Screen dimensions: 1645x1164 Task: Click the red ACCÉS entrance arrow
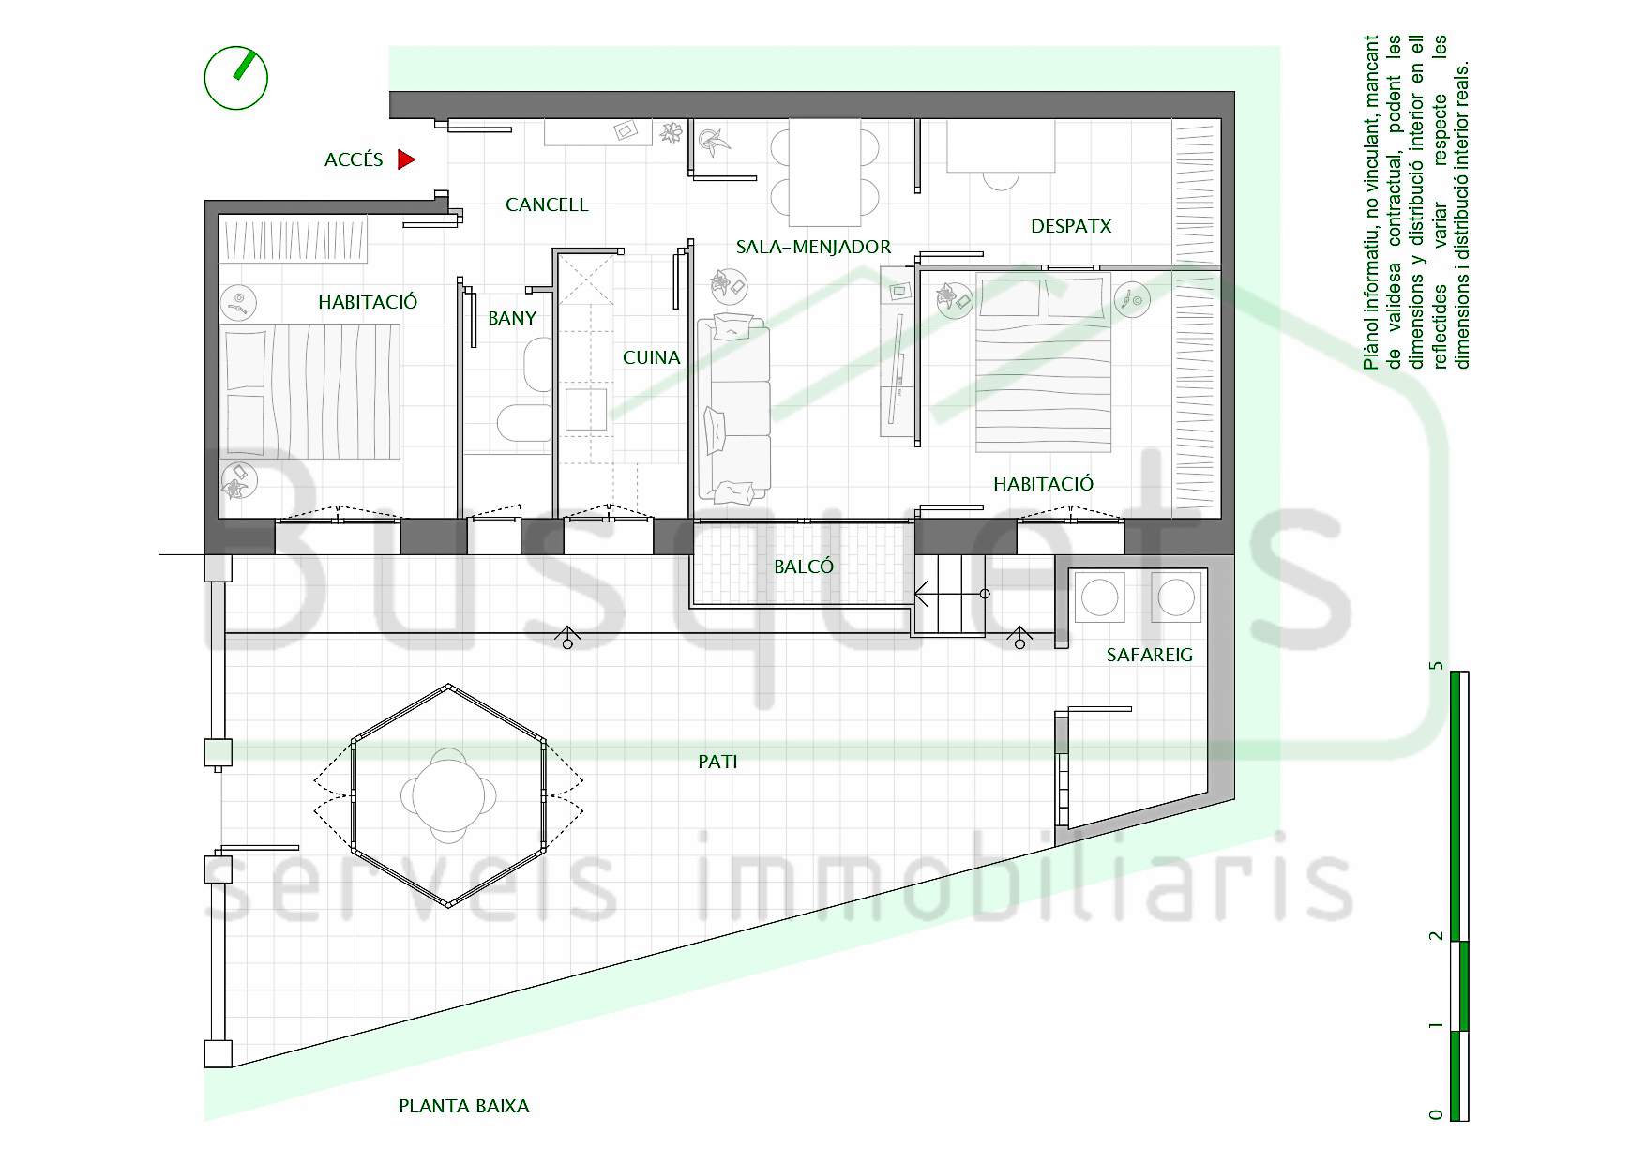[x=406, y=159]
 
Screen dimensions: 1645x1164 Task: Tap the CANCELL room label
[x=547, y=204]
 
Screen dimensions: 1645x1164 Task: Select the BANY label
[x=512, y=318]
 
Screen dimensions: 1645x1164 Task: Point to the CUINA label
[x=651, y=357]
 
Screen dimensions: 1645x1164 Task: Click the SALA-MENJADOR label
[x=813, y=247]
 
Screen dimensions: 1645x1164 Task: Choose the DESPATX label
[x=1071, y=226]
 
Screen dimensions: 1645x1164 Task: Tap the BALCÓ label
[x=804, y=567]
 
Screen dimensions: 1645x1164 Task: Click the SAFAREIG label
[x=1150, y=655]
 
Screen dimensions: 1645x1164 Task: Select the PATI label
[x=717, y=762]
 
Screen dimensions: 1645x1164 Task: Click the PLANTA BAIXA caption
[x=464, y=1106]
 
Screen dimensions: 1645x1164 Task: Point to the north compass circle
[x=236, y=78]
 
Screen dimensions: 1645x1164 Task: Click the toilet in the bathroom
[x=524, y=423]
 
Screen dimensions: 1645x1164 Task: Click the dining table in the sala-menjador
[x=824, y=173]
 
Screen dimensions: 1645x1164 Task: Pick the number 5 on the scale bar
[x=1434, y=665]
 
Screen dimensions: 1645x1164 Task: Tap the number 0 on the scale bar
[x=1434, y=1113]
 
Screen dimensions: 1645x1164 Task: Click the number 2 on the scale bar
[x=1434, y=936]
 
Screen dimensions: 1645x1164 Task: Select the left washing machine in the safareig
[x=1099, y=597]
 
